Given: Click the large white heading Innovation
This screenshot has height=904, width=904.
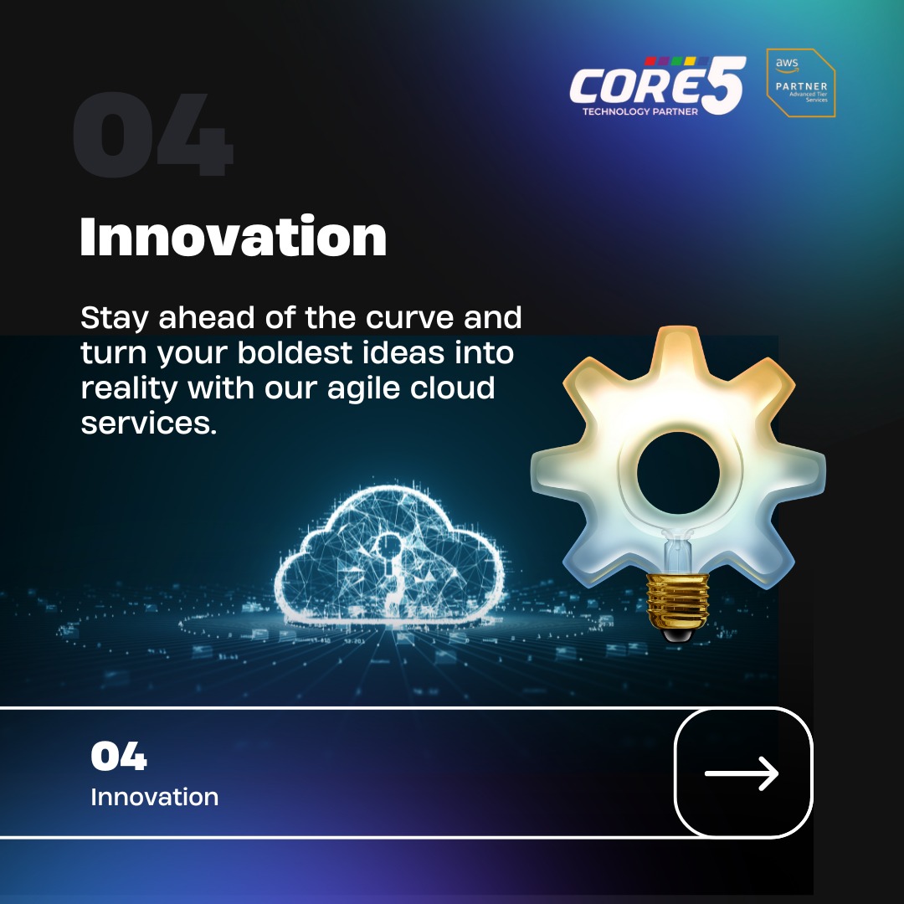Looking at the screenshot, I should pos(233,238).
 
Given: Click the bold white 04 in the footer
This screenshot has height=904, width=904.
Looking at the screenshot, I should pos(119,758).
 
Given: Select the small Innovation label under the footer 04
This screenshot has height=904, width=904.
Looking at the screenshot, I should pos(154,797).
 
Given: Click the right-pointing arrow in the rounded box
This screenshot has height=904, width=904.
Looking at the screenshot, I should pos(742,773).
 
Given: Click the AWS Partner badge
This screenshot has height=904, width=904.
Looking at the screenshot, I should pos(801,83).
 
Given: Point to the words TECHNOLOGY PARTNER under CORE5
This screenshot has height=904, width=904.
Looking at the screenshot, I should pos(640,111).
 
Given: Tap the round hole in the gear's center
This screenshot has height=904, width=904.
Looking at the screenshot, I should pos(678,474).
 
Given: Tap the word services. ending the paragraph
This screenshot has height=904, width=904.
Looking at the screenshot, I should pos(148,424).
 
